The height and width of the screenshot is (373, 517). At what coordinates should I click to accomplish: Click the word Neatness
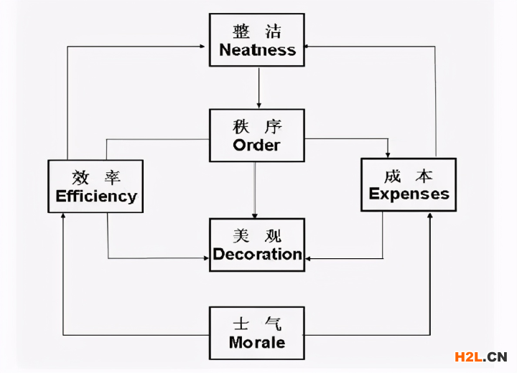(257, 50)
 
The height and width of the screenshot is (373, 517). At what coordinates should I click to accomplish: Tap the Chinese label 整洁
(257, 32)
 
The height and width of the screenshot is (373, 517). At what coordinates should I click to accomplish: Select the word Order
(257, 145)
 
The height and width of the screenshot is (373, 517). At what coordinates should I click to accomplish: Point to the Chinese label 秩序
(257, 127)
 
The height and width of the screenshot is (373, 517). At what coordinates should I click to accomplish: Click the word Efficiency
(96, 196)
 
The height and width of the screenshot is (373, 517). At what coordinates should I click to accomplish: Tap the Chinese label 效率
(96, 177)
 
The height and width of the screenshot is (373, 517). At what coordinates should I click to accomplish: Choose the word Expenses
(409, 194)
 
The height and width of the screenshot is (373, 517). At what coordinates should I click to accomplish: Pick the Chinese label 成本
(409, 176)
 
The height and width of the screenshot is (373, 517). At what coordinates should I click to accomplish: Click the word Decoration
(257, 254)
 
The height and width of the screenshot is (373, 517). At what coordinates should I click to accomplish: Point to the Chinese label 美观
(257, 235)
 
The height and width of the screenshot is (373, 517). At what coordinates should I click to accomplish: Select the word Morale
(257, 342)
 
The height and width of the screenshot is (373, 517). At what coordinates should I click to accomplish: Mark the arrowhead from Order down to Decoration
(255, 214)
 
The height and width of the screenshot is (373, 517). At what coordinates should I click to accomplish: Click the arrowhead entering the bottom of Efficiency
(63, 217)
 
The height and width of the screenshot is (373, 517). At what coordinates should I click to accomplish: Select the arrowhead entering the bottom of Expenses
(430, 215)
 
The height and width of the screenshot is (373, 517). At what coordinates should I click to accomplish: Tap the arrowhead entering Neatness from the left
(205, 47)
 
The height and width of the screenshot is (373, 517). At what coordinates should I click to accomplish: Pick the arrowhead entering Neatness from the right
(309, 47)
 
